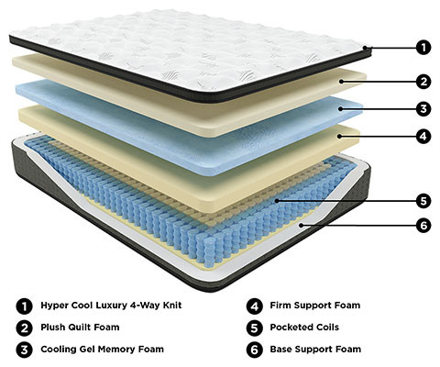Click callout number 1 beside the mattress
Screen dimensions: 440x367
tap(423, 48)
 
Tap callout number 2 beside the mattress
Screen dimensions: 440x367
tap(423, 82)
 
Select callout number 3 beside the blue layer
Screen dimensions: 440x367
tap(423, 109)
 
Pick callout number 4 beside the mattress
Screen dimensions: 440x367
tap(423, 136)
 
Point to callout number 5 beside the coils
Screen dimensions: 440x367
tap(423, 201)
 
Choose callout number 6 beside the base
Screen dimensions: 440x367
tap(423, 226)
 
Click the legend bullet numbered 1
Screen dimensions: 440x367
tap(24, 306)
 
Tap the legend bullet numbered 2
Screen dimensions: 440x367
tap(24, 328)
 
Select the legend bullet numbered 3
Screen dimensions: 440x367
tap(24, 350)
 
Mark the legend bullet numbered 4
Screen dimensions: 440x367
tap(254, 306)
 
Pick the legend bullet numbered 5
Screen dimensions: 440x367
tap(254, 328)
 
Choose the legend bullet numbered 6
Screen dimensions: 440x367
tap(254, 350)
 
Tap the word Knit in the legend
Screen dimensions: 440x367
tap(172, 305)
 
